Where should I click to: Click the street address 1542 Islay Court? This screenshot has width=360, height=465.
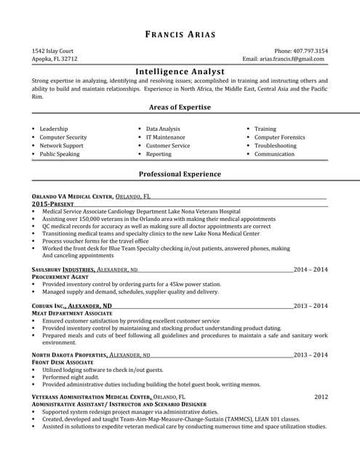53,51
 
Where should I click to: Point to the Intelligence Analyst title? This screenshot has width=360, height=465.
180,71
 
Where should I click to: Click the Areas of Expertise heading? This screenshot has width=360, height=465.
180,107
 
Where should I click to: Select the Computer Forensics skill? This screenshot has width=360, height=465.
279,137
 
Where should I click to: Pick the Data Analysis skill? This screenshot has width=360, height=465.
163,129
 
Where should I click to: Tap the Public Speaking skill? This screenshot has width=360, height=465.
60,154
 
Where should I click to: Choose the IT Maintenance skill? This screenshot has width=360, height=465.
165,137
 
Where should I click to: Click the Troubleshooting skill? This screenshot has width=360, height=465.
275,145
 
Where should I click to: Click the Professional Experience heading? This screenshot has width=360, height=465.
180,174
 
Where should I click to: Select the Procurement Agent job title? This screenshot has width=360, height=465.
60,277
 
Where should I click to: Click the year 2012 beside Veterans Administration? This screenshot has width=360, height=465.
321,397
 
